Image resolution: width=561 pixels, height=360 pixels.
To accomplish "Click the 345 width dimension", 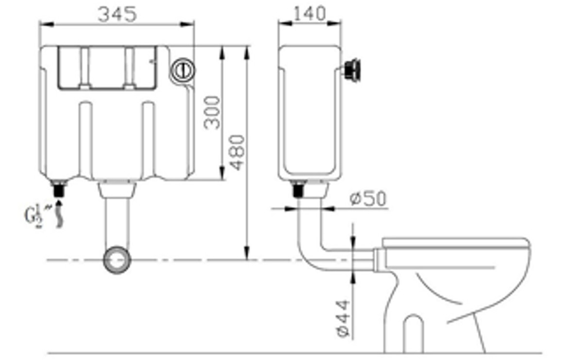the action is tap(117, 15).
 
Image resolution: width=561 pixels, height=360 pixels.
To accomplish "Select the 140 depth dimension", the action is tap(310, 14).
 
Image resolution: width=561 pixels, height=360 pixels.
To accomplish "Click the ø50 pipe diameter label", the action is tap(368, 198).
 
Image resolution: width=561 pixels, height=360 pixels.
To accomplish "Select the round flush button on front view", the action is tap(183, 70).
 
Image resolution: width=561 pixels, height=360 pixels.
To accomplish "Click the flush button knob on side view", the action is tap(352, 69).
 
